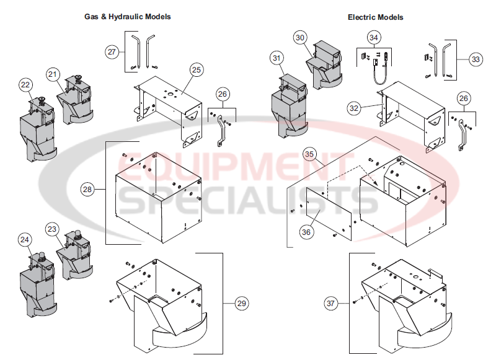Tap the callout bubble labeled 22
pyautogui.click(x=25, y=84)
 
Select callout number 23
pyautogui.click(x=53, y=229)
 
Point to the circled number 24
pyautogui.click(x=24, y=239)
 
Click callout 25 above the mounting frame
pyautogui.click(x=195, y=70)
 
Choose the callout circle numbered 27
pyautogui.click(x=112, y=52)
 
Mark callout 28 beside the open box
pyautogui.click(x=88, y=188)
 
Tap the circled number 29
pyautogui.click(x=241, y=303)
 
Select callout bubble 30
pyautogui.click(x=300, y=38)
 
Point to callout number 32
pyautogui.click(x=354, y=108)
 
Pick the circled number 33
pyautogui.click(x=475, y=59)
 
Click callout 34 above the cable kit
pyautogui.click(x=373, y=38)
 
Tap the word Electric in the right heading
pyautogui.click(x=361, y=17)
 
